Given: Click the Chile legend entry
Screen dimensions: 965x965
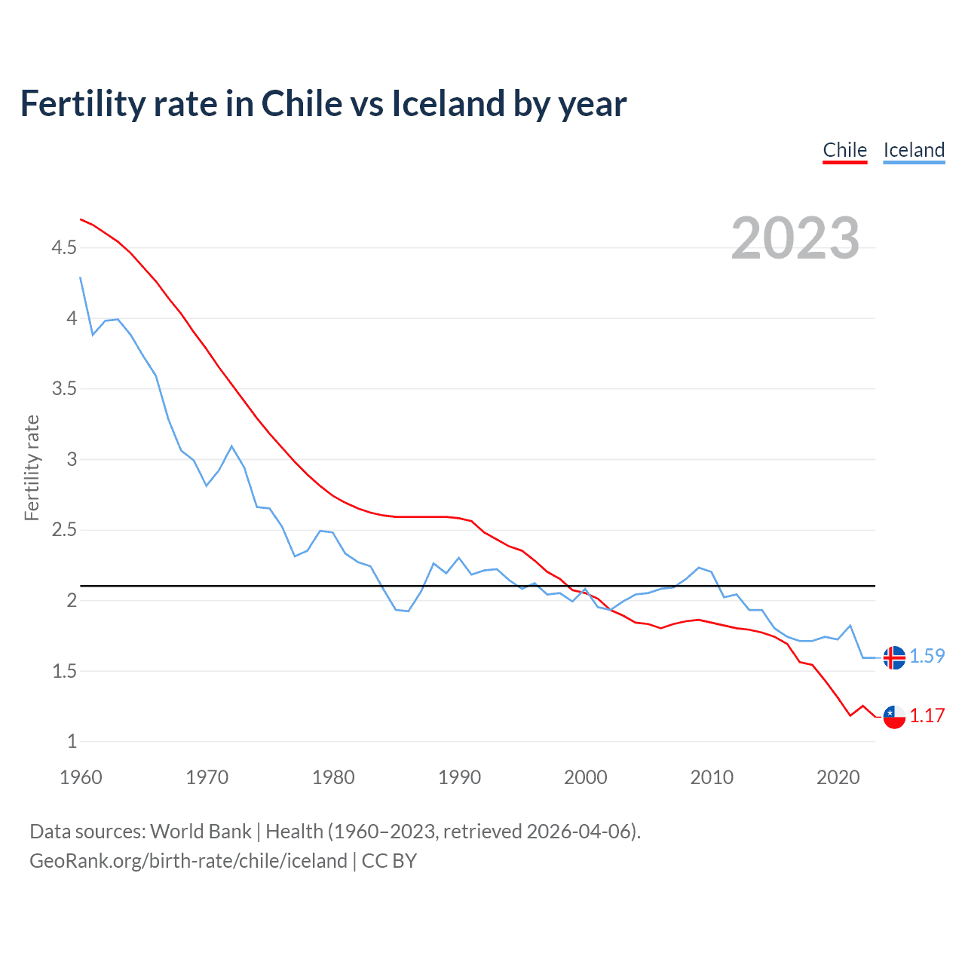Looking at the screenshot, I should pos(844,150).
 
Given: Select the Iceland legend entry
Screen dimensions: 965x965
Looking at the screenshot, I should pos(914,150).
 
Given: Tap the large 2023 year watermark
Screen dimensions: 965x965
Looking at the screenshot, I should pos(795,238).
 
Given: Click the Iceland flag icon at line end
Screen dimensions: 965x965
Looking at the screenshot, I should pos(894,657).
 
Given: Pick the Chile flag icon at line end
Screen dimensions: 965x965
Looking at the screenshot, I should pos(894,717).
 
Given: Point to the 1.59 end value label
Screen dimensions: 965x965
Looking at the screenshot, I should pos(927,657).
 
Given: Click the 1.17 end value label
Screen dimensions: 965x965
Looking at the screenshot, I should pos(927,716).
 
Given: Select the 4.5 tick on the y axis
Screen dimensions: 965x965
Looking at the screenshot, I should pos(64,248).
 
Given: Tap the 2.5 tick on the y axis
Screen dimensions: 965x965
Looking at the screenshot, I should pos(64,530).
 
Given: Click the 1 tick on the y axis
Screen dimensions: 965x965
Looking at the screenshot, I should pos(72,742).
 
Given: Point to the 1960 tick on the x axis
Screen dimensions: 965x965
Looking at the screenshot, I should pos(81,778).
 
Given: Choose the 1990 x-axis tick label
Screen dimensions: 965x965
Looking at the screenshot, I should pos(459,778).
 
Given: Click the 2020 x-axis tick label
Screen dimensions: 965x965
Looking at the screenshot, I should pos(838,778).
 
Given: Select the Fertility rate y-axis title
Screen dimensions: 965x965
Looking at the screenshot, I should pos(32,467).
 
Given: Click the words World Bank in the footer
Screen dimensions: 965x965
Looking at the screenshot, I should pos(201,832).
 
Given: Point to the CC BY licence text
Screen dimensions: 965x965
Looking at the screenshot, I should pos(389,861).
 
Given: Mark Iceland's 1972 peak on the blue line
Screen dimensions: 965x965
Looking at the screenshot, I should pos(231,446).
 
